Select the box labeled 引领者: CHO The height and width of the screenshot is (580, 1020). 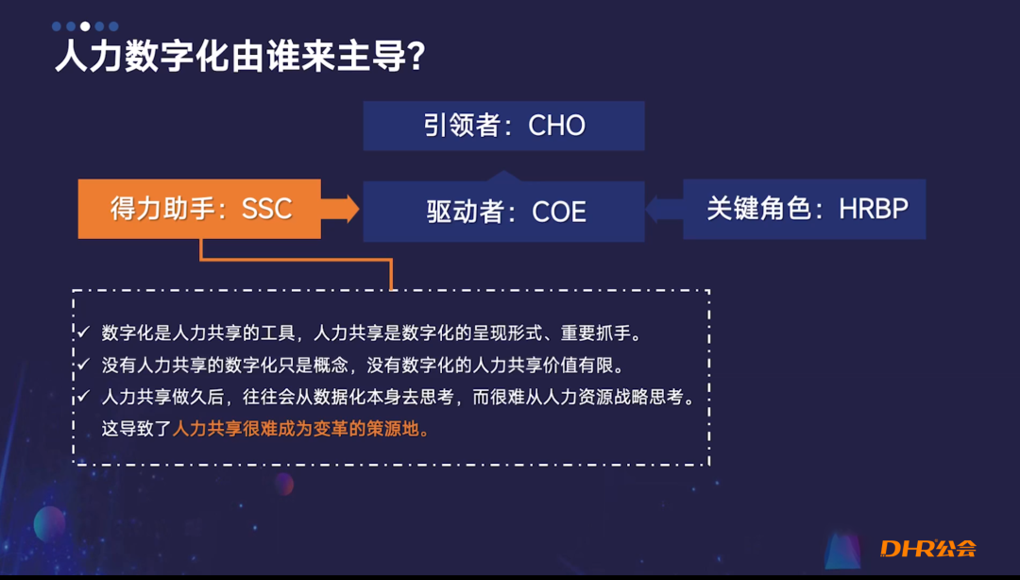pos(503,126)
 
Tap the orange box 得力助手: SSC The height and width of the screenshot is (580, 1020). pos(199,208)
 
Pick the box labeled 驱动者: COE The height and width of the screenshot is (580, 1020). pos(503,211)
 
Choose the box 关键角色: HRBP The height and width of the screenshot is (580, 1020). pos(804,209)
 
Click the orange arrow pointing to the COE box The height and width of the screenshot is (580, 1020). pos(341,208)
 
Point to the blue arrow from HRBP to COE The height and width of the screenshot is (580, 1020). pos(664,209)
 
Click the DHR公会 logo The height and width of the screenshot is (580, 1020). pos(926,548)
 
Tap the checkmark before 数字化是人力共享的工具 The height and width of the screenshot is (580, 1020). pos(83,333)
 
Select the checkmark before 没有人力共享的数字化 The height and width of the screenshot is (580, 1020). pos(83,365)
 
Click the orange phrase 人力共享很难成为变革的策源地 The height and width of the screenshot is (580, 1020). pos(300,429)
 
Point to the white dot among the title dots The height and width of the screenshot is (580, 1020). pos(85,26)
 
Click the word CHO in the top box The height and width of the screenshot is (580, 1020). pos(556,126)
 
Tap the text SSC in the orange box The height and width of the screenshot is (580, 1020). pos(267,209)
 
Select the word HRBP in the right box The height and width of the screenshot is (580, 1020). pos(874,209)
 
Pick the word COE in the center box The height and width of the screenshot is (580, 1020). pos(559,212)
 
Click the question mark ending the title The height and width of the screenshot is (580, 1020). pos(415,58)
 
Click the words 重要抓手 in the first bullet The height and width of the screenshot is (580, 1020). pos(605,333)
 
